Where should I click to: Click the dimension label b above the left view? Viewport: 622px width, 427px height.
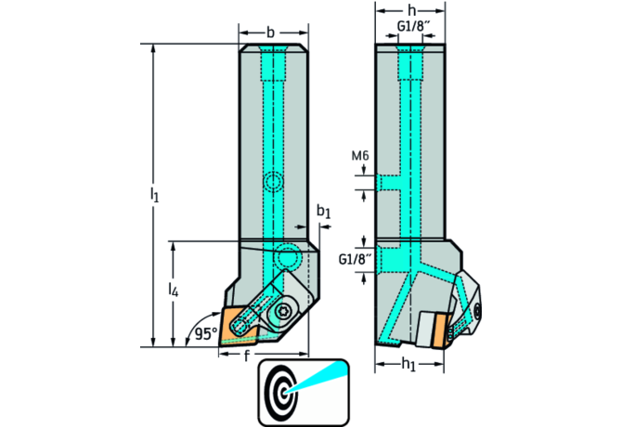[x=270, y=32]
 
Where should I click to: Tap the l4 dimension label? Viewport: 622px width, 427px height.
[x=174, y=291]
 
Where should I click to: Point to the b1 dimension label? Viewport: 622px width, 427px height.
[x=322, y=213]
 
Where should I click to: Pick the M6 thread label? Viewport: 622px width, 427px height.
[x=361, y=156]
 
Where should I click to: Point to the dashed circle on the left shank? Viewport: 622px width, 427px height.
[x=272, y=182]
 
